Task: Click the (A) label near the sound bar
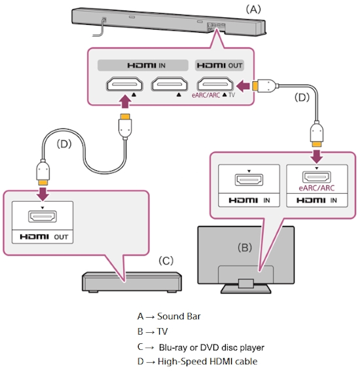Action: point(253,10)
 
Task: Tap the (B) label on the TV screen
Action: point(245,248)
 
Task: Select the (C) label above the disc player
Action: point(166,261)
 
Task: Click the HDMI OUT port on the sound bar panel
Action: point(215,84)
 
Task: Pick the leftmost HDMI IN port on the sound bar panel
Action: point(124,84)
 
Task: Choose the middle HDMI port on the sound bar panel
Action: point(170,84)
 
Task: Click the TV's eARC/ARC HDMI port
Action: point(317,177)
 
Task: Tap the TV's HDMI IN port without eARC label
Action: point(249,180)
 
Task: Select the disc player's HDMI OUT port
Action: point(43,216)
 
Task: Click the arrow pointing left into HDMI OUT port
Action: point(243,86)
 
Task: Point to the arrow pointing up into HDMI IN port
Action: point(125,102)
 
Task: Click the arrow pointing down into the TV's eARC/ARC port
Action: point(317,157)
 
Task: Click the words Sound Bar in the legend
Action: point(179,316)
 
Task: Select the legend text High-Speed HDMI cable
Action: point(207,362)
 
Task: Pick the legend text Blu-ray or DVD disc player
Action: point(211,347)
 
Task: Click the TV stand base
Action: point(246,288)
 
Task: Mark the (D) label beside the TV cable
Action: point(302,98)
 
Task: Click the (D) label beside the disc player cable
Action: point(64,144)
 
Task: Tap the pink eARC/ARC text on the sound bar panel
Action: point(206,95)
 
